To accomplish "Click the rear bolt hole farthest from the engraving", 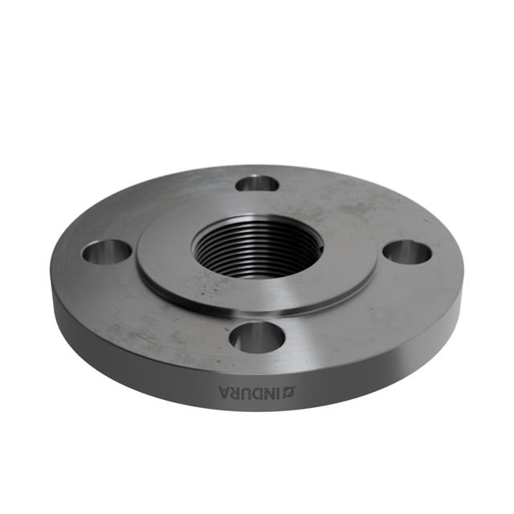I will coord(257,184).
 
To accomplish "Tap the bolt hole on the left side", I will coord(107,252).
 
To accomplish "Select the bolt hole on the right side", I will coord(407,251).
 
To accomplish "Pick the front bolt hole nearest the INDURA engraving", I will coord(256,337).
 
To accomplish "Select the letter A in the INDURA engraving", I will coord(224,393).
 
